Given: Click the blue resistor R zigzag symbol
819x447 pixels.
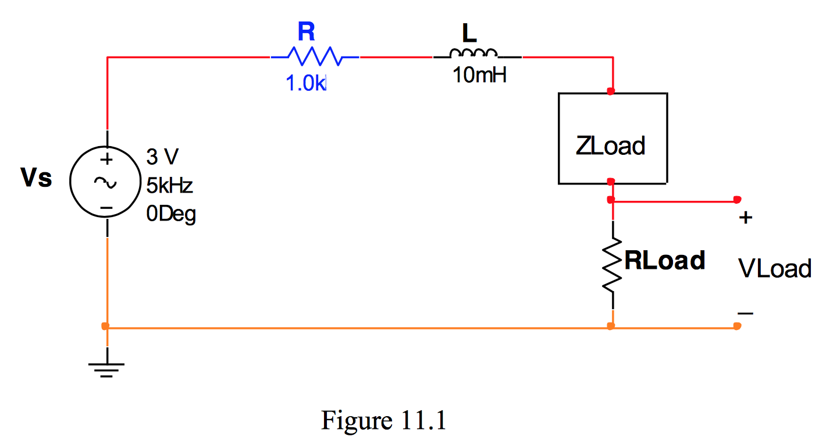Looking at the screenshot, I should [315, 57].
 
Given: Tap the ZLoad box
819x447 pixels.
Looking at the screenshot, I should [612, 139].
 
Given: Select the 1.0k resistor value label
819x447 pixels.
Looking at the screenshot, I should [307, 83].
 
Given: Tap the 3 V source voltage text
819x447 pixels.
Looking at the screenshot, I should [162, 157].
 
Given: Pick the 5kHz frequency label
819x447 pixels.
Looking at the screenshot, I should [169, 186].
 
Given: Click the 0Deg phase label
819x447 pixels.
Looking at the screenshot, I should [171, 215].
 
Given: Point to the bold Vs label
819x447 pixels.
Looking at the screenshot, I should [36, 178].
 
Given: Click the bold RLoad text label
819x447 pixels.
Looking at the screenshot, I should [665, 260].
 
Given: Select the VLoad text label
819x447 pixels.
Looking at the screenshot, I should [774, 268].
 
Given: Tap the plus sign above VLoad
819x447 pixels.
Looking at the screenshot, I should [746, 218].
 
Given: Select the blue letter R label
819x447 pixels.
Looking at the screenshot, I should [307, 31].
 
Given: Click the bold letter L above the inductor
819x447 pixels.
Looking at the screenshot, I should [469, 34].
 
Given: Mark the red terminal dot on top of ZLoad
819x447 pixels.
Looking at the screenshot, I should [610, 91].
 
